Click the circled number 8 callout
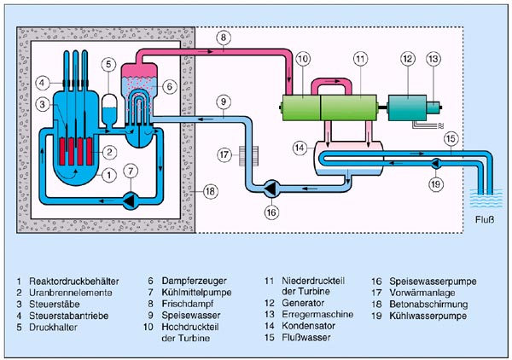point(222,38)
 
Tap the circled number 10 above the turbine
point(303,60)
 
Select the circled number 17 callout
point(224,155)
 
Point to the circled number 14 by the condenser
point(299,146)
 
